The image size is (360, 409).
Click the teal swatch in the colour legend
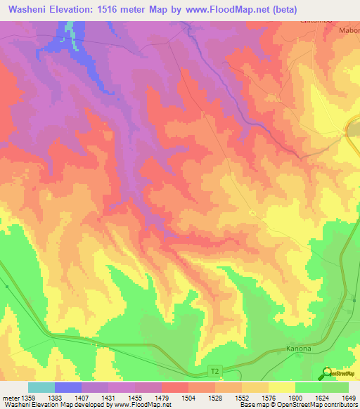41,387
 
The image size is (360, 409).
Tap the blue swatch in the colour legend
68,387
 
